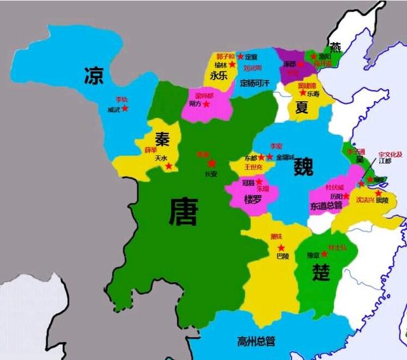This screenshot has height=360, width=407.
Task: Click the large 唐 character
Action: tap(183, 212)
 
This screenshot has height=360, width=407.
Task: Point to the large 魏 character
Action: tap(305, 167)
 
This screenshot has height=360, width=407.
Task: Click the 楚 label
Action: tap(321, 272)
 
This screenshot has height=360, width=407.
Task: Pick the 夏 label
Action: tap(301, 107)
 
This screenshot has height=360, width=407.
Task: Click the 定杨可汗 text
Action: tap(256, 83)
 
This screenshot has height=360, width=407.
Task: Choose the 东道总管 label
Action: tap(326, 205)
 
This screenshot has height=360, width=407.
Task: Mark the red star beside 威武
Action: tap(125, 108)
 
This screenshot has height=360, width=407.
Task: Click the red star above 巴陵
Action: tap(280, 247)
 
